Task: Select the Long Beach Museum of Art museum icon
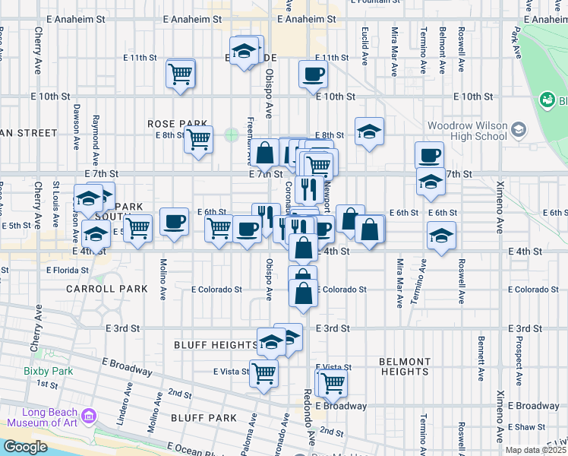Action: click(89, 416)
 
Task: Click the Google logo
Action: click(25, 447)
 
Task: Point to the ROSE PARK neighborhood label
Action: click(177, 123)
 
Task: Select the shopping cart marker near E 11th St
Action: click(181, 74)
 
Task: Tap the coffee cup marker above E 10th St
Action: click(312, 74)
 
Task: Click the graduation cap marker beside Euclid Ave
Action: click(369, 132)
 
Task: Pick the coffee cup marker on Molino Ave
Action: click(174, 222)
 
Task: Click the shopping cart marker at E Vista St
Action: click(263, 373)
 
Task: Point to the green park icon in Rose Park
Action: click(231, 135)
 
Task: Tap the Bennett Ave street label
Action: click(481, 357)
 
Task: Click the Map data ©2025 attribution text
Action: click(535, 450)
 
